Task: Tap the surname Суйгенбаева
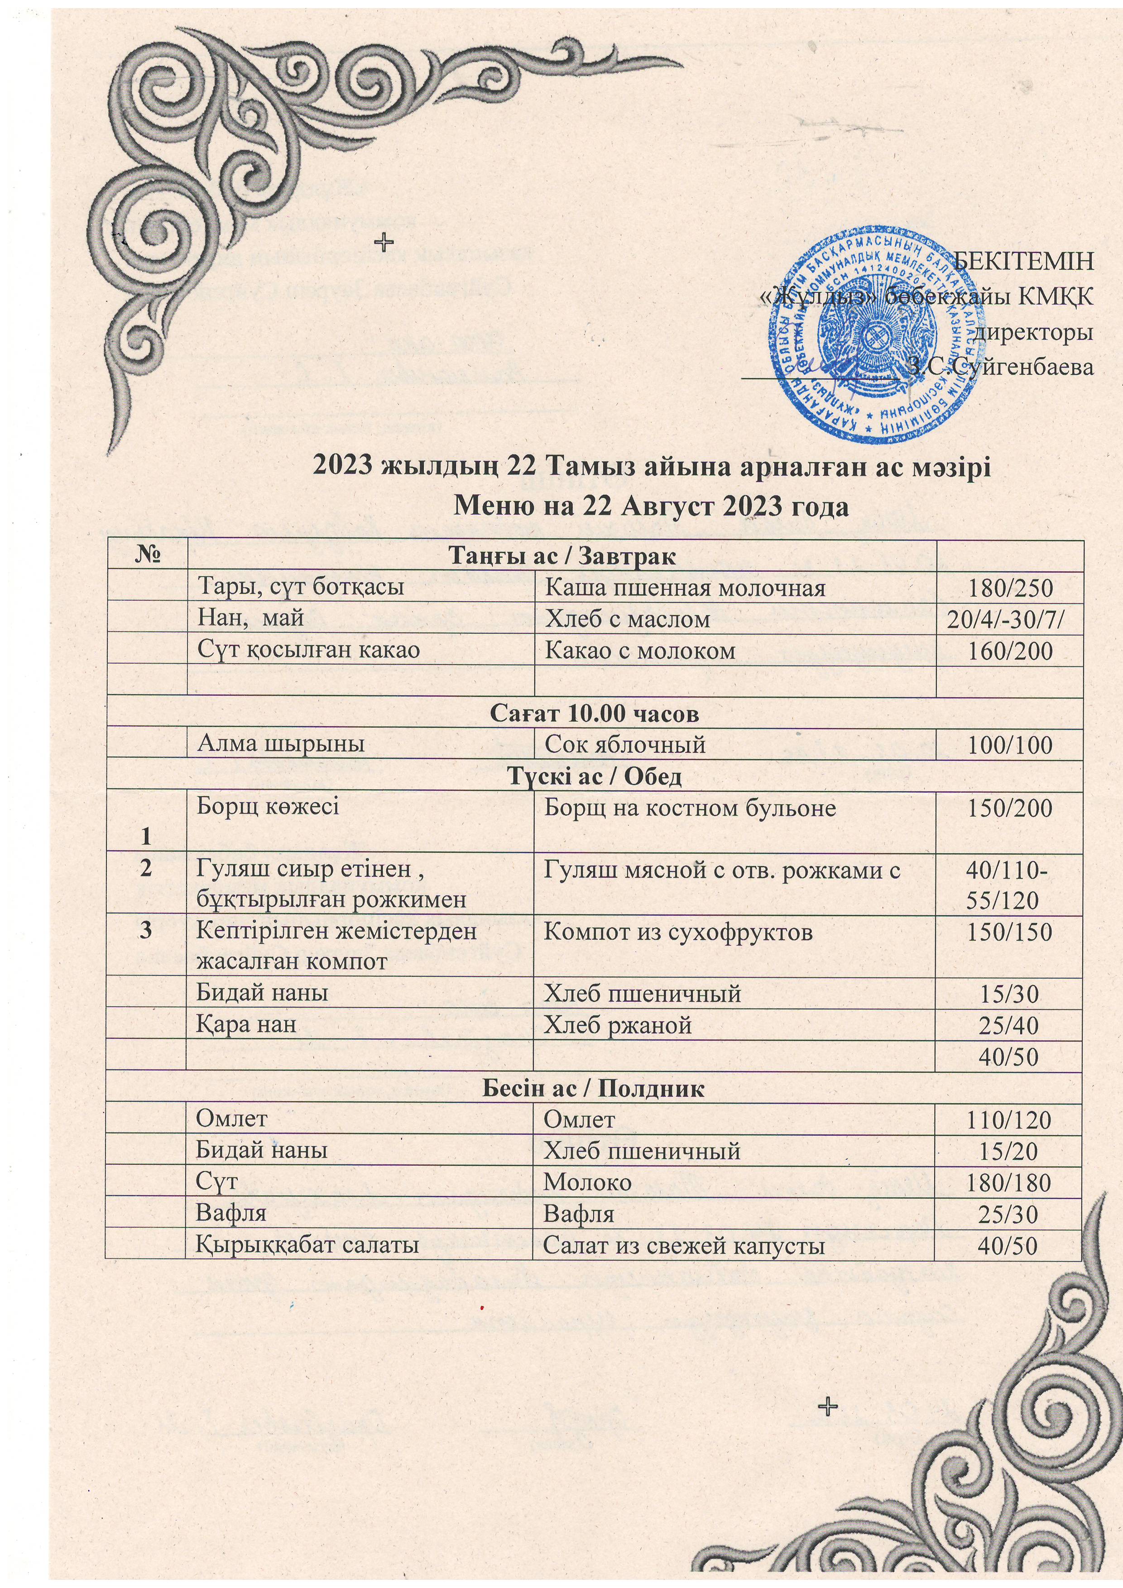pyautogui.click(x=1021, y=367)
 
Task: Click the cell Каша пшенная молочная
pyautogui.click(x=685, y=588)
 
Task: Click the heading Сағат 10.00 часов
pyautogui.click(x=595, y=714)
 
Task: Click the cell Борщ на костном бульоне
pyautogui.click(x=689, y=808)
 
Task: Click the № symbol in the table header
pyautogui.click(x=146, y=556)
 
